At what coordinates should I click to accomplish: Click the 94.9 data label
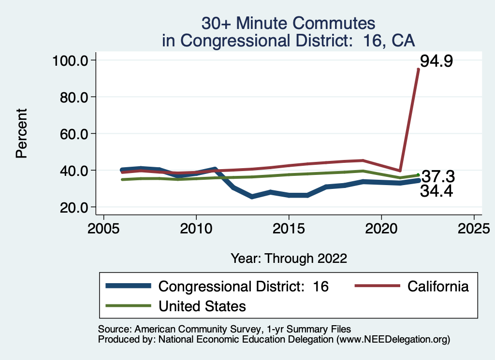point(436,61)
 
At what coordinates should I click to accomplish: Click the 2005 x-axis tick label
point(103,227)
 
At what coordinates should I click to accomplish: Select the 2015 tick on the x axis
point(289,227)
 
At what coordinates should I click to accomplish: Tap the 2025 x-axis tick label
point(474,227)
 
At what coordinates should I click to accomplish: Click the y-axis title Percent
point(21,134)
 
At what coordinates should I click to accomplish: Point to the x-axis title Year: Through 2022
point(289,258)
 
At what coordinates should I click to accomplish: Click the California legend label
point(438,286)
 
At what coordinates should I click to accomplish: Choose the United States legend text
point(202,306)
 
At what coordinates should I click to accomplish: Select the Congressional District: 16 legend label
point(244,286)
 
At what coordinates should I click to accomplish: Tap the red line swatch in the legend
point(377,286)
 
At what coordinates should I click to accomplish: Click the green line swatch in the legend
point(128,306)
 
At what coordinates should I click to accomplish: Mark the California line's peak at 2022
point(418,70)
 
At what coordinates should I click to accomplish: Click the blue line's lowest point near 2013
point(251,197)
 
